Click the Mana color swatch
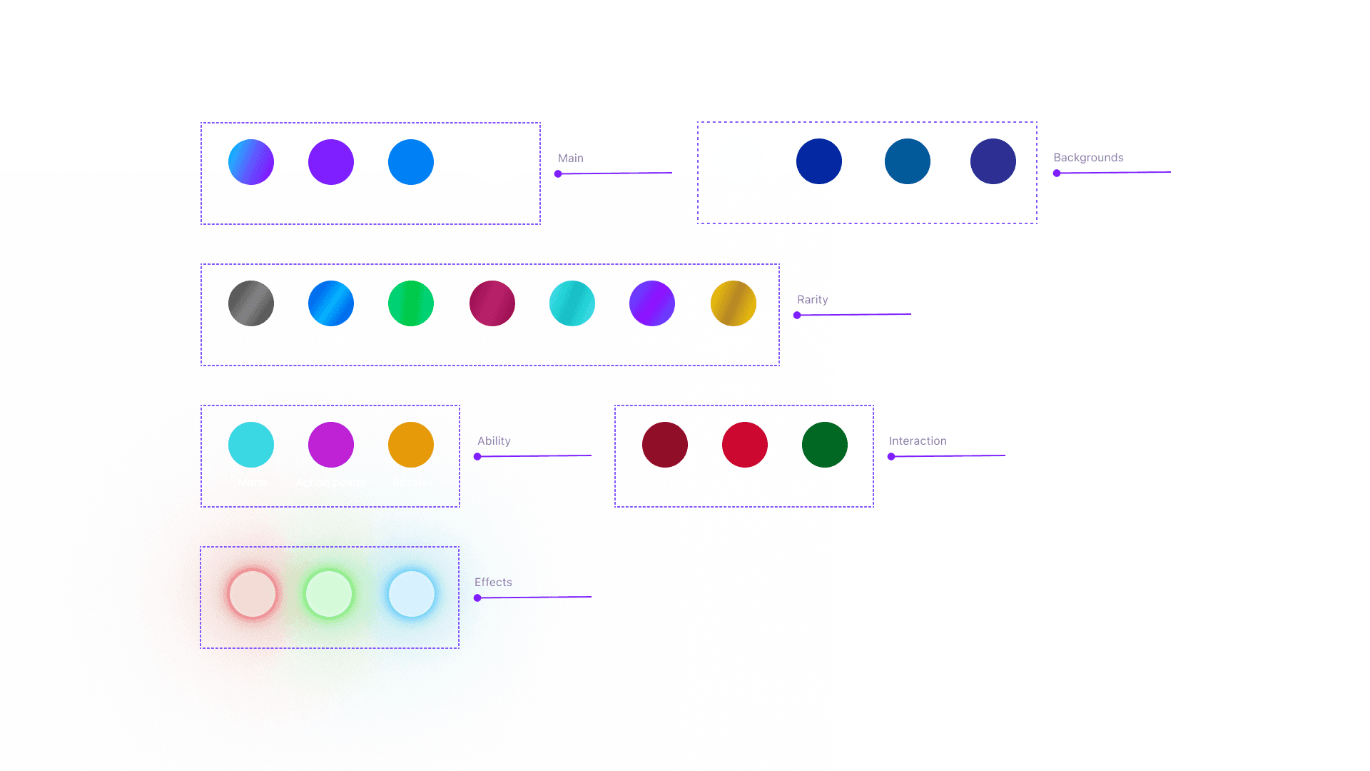(251, 445)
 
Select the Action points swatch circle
(331, 445)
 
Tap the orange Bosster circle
(411, 445)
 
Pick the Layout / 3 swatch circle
(993, 161)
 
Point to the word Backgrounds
(1088, 158)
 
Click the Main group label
(571, 158)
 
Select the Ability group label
(494, 441)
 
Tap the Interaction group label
(918, 441)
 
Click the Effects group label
(493, 583)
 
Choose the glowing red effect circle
(253, 594)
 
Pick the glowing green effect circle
(329, 594)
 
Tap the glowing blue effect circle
(412, 594)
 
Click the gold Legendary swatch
(734, 303)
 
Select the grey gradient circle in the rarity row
(251, 303)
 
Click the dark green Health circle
(825, 445)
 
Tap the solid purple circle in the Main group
(331, 162)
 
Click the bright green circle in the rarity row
(411, 303)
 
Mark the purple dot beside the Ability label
(477, 457)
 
